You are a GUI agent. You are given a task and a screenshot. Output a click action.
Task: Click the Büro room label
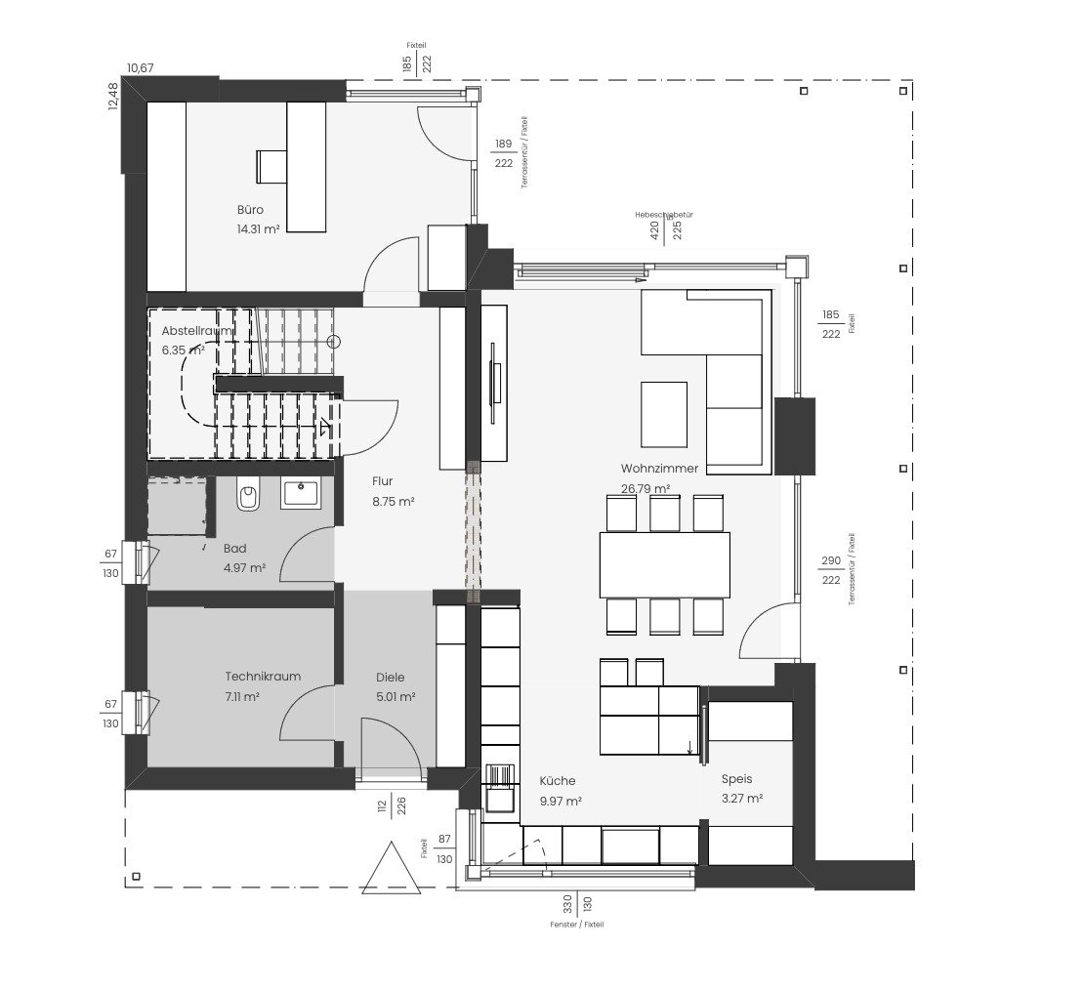tap(250, 210)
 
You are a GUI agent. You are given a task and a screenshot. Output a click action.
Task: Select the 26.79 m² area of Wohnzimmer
tap(646, 489)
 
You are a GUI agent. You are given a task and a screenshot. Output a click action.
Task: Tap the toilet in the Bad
tap(247, 497)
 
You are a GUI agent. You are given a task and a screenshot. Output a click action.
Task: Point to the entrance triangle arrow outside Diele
tap(391, 868)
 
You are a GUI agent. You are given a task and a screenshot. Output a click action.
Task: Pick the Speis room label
tap(736, 779)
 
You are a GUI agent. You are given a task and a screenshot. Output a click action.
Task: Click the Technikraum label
tap(263, 677)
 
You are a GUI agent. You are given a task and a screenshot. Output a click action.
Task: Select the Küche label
tap(558, 781)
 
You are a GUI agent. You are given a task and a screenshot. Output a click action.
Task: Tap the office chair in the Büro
tap(269, 165)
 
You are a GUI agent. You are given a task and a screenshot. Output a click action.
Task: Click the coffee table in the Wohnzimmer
tap(663, 414)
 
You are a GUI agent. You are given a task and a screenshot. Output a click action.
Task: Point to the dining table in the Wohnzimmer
tap(664, 564)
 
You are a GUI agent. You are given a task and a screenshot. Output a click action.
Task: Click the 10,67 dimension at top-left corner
tap(140, 68)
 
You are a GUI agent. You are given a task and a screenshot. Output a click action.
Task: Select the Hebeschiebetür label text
tap(663, 213)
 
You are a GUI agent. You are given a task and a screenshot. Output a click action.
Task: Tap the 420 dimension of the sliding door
tap(653, 229)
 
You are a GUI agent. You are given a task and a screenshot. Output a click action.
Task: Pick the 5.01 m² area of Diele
tap(396, 697)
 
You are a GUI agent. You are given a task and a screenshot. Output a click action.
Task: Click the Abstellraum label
tap(198, 331)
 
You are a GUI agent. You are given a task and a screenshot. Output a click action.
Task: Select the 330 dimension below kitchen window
tap(566, 903)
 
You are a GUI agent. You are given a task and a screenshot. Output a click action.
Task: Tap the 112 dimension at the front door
tap(383, 805)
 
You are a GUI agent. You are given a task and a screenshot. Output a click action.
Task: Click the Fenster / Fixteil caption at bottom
tap(576, 924)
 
